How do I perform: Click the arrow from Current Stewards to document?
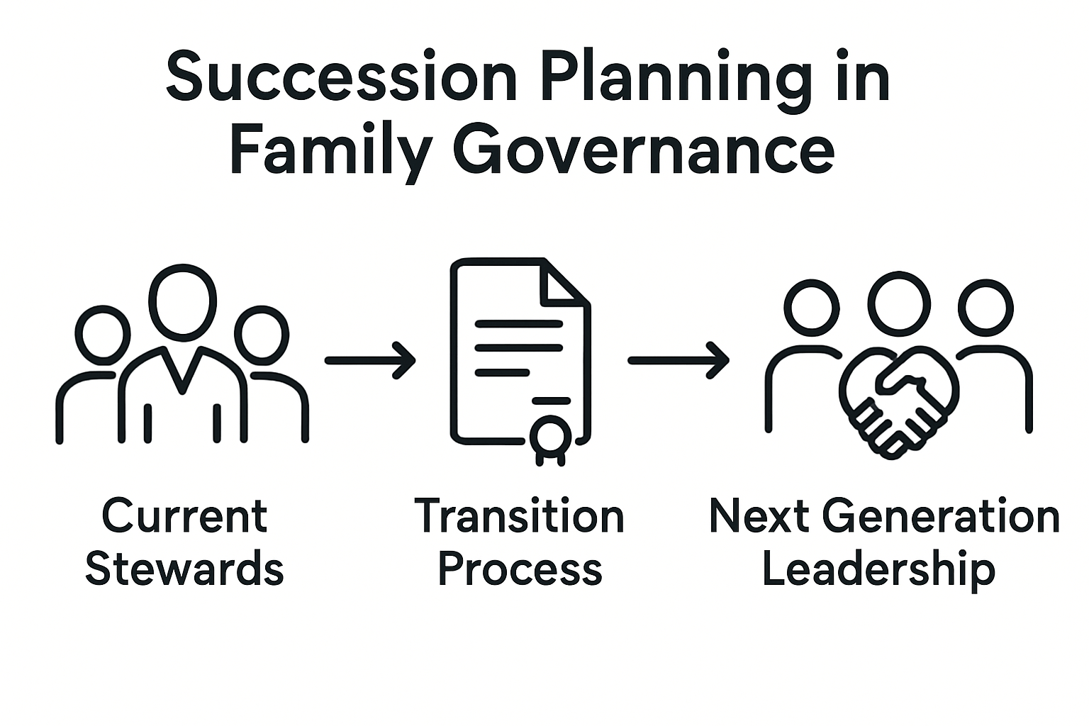click(370, 360)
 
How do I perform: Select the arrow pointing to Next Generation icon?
click(678, 360)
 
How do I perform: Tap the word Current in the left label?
click(184, 516)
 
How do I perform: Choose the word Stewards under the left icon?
click(184, 569)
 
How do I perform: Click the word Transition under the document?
click(519, 516)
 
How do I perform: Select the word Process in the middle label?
click(520, 569)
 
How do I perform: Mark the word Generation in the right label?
click(942, 516)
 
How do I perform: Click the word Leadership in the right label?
click(878, 569)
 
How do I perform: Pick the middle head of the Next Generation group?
click(899, 303)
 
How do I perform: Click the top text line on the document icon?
click(518, 324)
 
